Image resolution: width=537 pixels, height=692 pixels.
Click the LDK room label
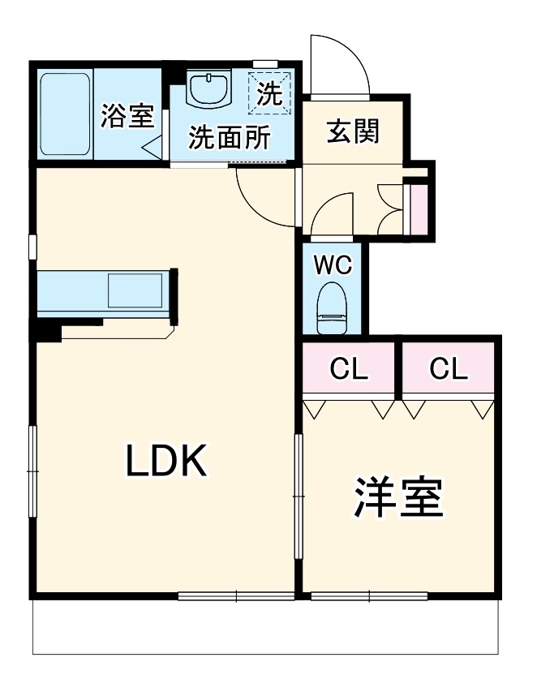[x=167, y=461]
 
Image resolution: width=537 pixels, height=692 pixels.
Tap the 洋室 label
[x=397, y=497]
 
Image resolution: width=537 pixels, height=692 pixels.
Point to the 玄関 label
[x=353, y=131]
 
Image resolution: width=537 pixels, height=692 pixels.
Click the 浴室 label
[x=127, y=116]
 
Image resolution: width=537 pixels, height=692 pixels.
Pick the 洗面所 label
[x=230, y=139]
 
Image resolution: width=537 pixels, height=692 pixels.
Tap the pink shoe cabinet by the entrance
[x=419, y=207]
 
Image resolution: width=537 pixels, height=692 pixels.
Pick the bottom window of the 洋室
[x=369, y=597]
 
